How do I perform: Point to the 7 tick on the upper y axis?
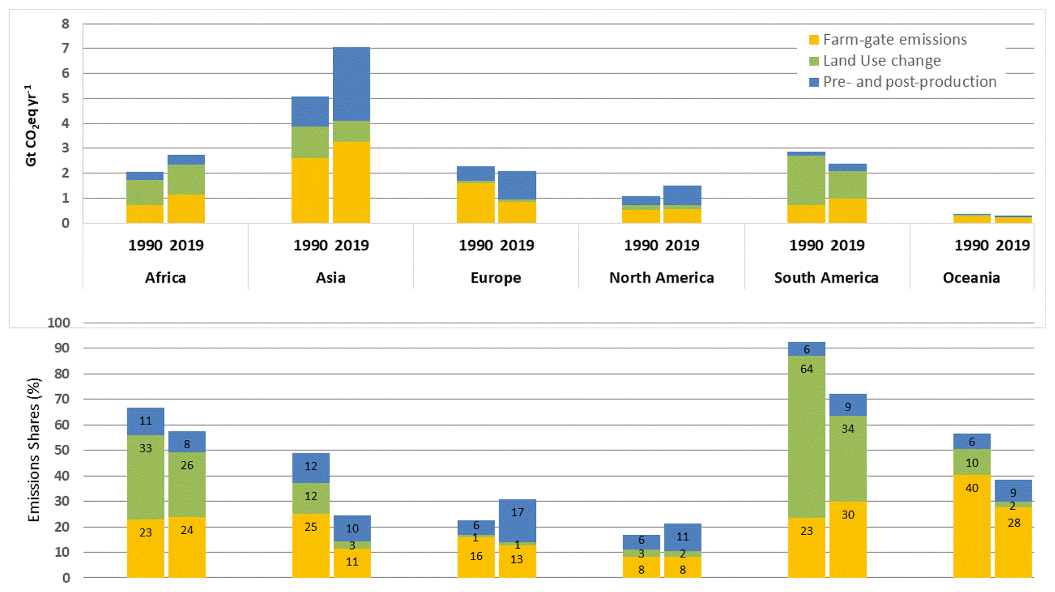(x=65, y=49)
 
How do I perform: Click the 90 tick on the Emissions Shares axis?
(x=62, y=348)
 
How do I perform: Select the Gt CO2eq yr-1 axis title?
(x=31, y=126)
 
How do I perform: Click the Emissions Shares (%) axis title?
(x=34, y=449)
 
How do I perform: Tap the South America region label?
(x=826, y=278)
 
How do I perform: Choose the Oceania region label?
(x=971, y=278)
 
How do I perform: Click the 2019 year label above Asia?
(x=352, y=246)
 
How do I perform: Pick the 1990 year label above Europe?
(x=476, y=246)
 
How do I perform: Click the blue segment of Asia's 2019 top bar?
(x=352, y=84)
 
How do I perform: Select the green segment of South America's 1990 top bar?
(x=806, y=180)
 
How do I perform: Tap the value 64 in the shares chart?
(x=806, y=369)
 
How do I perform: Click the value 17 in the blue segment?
(x=517, y=512)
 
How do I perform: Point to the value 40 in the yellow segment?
(x=972, y=488)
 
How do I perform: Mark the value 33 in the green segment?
(x=145, y=448)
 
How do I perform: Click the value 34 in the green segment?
(x=848, y=429)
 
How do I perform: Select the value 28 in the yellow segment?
(x=1014, y=523)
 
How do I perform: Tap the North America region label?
(x=661, y=278)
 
